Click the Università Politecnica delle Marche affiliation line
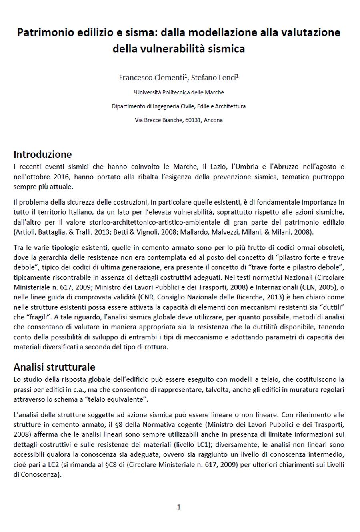pyautogui.click(x=180, y=92)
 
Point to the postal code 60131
pyautogui.click(x=193, y=120)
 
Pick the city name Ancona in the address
pyautogui.click(x=213, y=120)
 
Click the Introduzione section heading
pyautogui.click(x=42, y=154)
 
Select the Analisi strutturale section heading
pyautogui.click(x=54, y=367)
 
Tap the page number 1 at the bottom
pyautogui.click(x=179, y=507)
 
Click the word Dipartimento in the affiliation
pyautogui.click(x=128, y=106)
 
